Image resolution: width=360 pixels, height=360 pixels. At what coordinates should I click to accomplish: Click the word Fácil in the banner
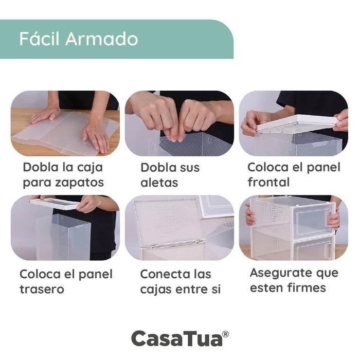point(39,39)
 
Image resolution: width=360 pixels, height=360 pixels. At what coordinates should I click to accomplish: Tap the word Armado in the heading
point(102,39)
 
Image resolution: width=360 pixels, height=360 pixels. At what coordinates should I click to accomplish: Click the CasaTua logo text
point(177,338)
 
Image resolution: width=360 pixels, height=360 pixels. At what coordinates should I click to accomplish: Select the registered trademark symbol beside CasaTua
point(226,334)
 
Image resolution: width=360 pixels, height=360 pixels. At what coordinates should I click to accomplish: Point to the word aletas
point(159,183)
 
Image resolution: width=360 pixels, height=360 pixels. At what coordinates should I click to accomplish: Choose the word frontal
point(268,182)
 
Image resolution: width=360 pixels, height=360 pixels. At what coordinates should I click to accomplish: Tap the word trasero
point(42,289)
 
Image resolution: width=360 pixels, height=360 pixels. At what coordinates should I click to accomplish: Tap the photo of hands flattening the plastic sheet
point(65,123)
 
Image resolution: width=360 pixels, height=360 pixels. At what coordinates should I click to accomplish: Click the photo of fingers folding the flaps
point(179,123)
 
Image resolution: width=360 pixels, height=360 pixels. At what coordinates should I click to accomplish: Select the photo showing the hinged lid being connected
point(179,227)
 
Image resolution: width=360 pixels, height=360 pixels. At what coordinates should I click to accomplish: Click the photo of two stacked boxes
point(294,227)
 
